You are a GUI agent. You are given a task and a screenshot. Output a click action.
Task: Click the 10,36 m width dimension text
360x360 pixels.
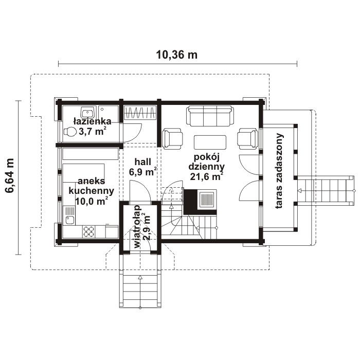coord(176,55)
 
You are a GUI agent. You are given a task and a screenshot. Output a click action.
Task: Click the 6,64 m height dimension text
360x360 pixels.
coord(10,175)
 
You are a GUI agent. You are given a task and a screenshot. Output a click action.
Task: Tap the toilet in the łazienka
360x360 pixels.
coord(70,132)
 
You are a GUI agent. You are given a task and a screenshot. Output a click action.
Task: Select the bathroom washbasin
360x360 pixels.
coord(88,113)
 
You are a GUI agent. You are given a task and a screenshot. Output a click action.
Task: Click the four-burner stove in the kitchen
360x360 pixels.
coord(88,231)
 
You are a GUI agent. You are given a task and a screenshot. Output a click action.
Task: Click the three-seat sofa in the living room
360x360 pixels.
coord(210,116)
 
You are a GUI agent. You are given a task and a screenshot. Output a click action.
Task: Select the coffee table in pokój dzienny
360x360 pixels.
coord(210,142)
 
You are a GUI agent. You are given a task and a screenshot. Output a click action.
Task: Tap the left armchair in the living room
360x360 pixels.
coord(172,139)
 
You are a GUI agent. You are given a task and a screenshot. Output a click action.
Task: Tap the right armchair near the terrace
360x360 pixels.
coord(248,139)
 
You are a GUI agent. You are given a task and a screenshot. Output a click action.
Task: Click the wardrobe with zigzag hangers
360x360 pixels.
coord(140,113)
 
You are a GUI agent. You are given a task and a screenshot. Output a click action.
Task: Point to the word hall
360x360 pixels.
coord(142,162)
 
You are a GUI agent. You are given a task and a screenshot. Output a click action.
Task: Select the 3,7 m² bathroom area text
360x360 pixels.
coord(93,131)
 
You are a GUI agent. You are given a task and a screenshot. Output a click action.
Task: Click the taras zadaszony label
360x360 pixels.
coord(279,171)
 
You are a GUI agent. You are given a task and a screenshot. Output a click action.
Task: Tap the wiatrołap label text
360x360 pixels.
coord(137,227)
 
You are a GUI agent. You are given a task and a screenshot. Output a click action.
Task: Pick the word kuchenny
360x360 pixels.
coord(92,191)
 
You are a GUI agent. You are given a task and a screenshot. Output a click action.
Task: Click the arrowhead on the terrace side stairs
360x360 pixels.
coord(299,191)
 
